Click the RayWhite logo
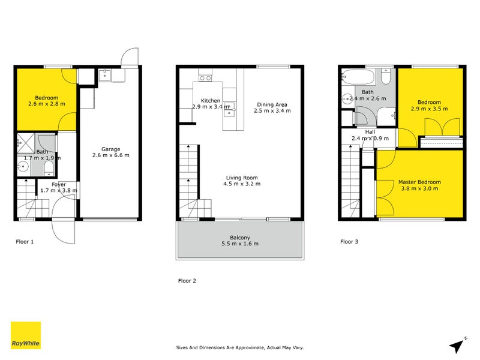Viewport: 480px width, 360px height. pyautogui.click(x=26, y=335)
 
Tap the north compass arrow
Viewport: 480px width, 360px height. pyautogui.click(x=459, y=344)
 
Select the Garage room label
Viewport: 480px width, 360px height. pyautogui.click(x=110, y=149)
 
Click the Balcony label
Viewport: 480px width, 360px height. pyautogui.click(x=239, y=237)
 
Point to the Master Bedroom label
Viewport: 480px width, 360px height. pyautogui.click(x=420, y=182)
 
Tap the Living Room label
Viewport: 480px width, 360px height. pyautogui.click(x=242, y=177)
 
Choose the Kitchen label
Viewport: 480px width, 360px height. pyautogui.click(x=211, y=100)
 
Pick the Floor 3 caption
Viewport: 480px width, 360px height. pyautogui.click(x=349, y=242)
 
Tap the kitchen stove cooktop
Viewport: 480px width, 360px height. pyautogui.click(x=206, y=77)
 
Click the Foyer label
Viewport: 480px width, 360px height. pyautogui.click(x=59, y=184)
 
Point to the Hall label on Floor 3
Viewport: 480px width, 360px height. pyautogui.click(x=370, y=131)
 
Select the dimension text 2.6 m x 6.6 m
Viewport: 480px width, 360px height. pyautogui.click(x=110, y=155)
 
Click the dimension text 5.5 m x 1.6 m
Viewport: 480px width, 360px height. pyautogui.click(x=239, y=244)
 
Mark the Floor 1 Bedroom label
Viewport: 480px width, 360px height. pyautogui.click(x=46, y=98)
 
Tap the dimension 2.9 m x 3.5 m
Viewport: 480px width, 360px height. pyautogui.click(x=429, y=109)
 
